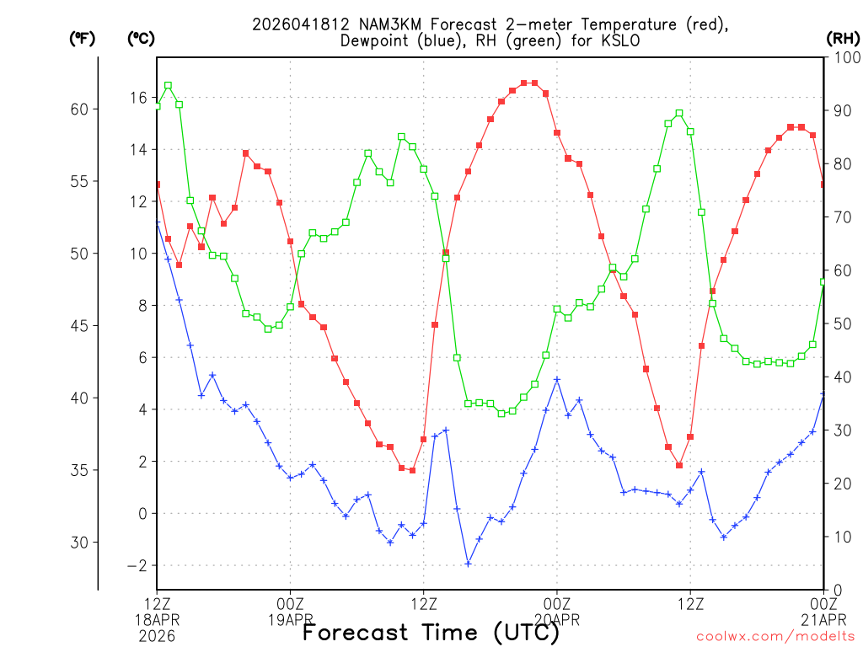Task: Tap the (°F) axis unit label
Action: click(82, 38)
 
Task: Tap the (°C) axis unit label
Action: click(141, 38)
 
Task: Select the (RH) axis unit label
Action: click(842, 38)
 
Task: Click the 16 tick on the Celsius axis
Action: click(137, 98)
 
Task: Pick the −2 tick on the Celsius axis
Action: click(136, 566)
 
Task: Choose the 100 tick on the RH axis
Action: click(844, 57)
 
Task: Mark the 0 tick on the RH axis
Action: click(834, 590)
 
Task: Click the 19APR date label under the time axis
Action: click(291, 620)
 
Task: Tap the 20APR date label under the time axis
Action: click(557, 620)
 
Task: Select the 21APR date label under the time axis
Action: click(823, 620)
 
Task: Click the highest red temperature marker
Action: click(524, 83)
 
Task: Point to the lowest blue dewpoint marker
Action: click(468, 564)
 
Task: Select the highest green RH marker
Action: click(168, 85)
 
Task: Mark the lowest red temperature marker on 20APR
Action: click(679, 465)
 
